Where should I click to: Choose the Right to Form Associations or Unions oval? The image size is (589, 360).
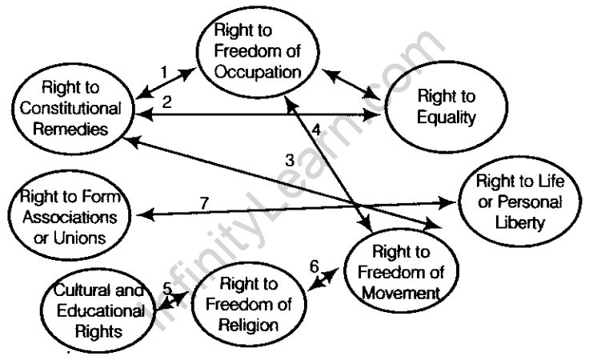click(x=66, y=216)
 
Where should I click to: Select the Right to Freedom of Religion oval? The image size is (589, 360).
click(x=248, y=305)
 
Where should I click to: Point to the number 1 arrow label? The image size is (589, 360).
click(x=163, y=71)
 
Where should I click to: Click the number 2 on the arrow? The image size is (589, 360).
click(x=167, y=101)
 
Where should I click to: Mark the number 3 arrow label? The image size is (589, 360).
click(x=290, y=161)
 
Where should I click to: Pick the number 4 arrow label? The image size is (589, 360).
click(x=316, y=128)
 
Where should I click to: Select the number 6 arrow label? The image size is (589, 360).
click(x=314, y=266)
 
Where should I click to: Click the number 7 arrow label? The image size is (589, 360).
click(x=204, y=202)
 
